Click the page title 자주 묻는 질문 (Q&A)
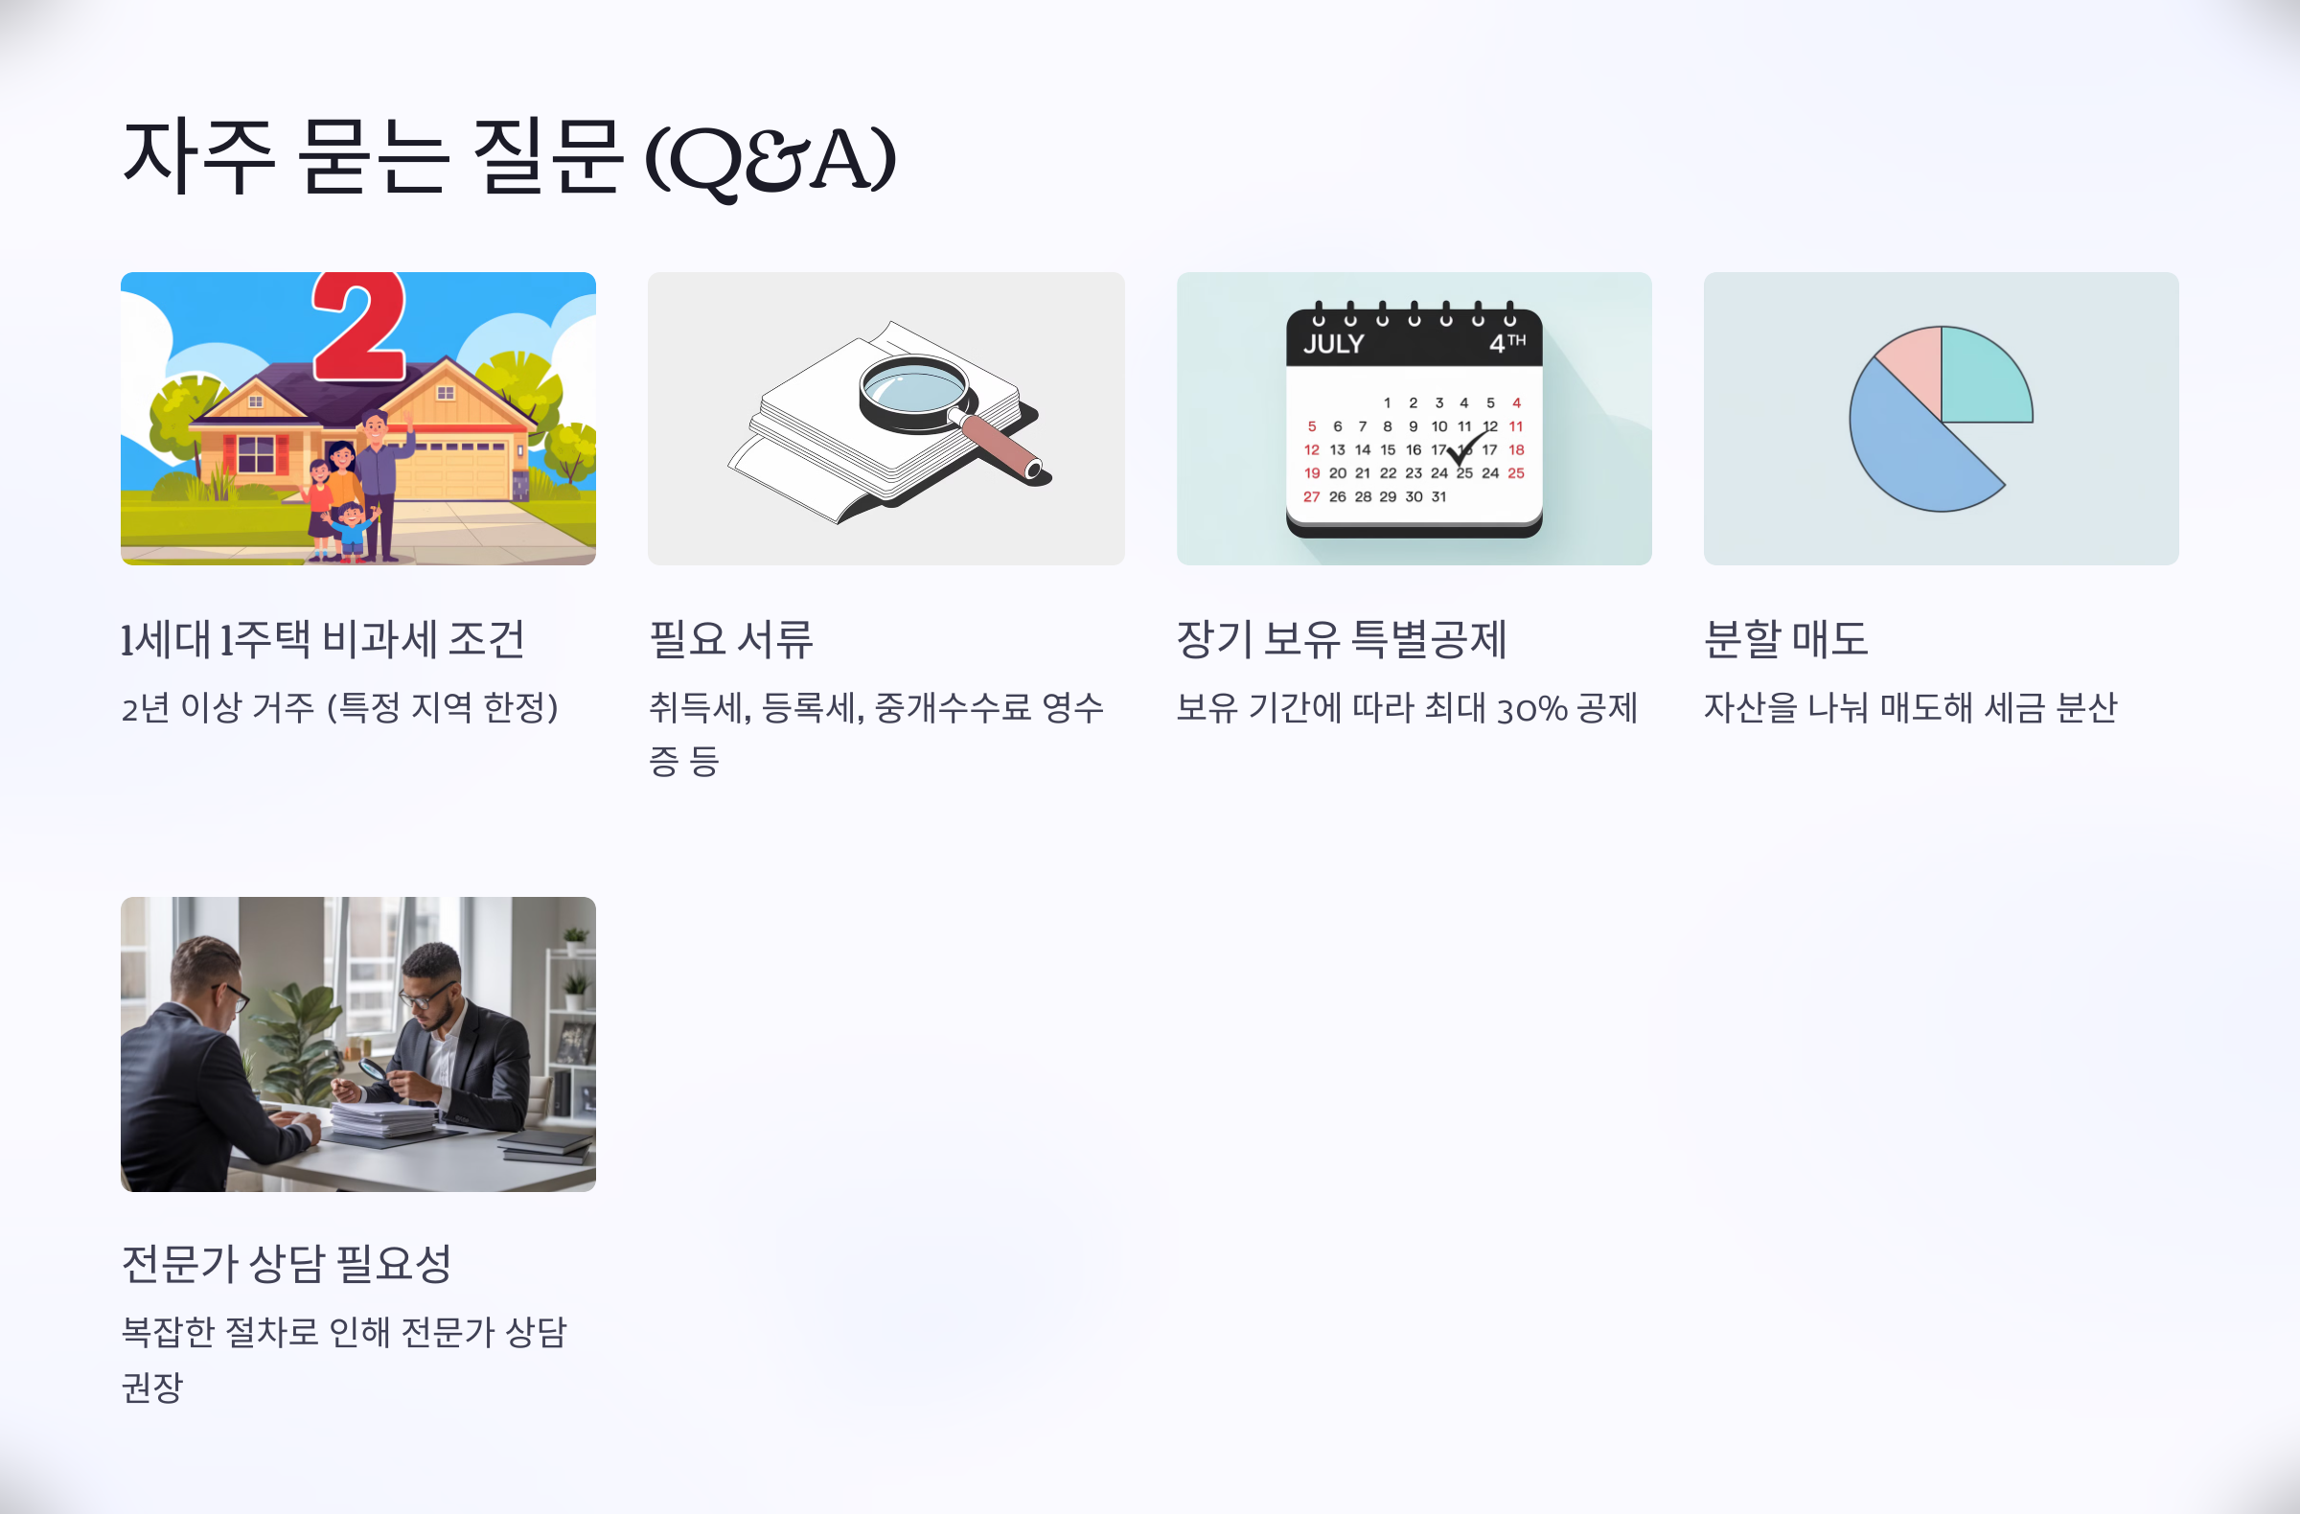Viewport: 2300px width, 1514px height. tap(508, 156)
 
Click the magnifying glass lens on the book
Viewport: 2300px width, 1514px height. tap(911, 389)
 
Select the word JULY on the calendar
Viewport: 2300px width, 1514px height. tap(1334, 344)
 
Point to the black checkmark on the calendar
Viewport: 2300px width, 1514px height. tap(1465, 447)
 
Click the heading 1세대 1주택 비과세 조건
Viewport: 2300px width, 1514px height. tap(323, 639)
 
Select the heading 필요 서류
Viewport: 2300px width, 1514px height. tap(730, 639)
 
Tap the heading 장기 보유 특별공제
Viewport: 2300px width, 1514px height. tap(1342, 639)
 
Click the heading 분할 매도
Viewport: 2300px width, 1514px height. tap(1786, 639)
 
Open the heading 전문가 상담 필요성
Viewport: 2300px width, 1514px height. tap(287, 1264)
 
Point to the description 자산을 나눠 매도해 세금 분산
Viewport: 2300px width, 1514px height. tap(1910, 708)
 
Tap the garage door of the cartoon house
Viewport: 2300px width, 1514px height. tap(463, 472)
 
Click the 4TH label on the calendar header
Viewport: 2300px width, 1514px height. tap(1506, 343)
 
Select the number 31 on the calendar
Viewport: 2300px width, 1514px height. tap(1439, 496)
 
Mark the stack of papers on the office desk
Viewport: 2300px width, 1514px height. tap(381, 1122)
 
